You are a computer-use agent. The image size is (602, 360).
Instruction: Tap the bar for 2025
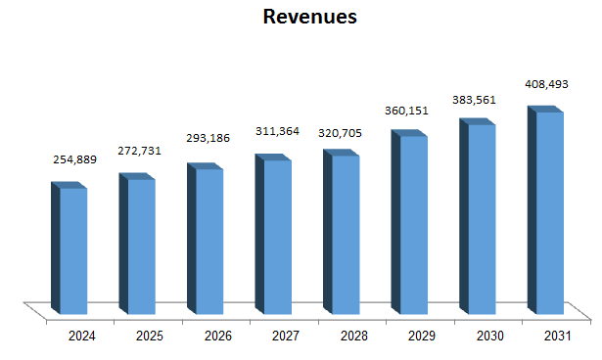140,245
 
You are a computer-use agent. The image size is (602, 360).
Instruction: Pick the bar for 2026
208,240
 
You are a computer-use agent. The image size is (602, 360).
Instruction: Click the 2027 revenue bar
276,235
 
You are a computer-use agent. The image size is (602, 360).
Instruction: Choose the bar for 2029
412,223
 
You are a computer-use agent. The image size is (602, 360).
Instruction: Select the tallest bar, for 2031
548,211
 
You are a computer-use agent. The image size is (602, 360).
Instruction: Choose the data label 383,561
481,99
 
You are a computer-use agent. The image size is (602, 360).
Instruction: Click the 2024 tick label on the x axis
81,336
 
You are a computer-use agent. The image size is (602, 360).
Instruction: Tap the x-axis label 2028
353,336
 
